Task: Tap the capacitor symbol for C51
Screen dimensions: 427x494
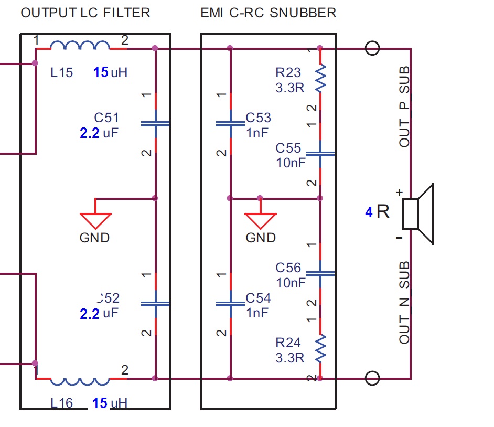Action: tap(156, 124)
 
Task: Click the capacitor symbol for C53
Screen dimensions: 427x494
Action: tap(230, 124)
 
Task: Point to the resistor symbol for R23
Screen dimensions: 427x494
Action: tap(320, 78)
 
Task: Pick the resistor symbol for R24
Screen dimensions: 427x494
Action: tap(320, 349)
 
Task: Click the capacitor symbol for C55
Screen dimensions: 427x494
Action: tap(320, 154)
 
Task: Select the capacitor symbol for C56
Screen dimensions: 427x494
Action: tap(320, 273)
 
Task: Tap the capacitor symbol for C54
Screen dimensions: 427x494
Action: tap(230, 304)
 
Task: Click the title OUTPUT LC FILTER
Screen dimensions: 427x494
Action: tap(85, 13)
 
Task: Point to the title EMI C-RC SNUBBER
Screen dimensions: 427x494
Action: tap(269, 13)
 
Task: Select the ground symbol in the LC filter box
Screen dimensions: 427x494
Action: tap(95, 220)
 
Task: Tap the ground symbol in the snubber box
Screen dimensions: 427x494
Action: tap(261, 220)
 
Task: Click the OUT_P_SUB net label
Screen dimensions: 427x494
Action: tap(404, 107)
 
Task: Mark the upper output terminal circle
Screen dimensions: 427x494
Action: tap(372, 48)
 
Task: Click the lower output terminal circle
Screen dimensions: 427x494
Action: tap(372, 378)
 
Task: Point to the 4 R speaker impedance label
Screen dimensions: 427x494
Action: tap(378, 212)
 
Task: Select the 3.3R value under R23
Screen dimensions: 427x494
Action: tap(290, 88)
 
